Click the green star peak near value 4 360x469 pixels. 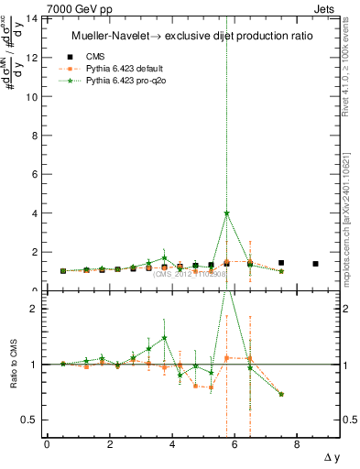[x=226, y=213]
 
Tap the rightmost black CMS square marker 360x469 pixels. [x=315, y=264]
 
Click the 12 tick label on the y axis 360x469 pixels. [x=32, y=58]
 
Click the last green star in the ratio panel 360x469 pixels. [x=281, y=394]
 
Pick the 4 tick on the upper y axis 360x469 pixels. [x=35, y=213]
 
